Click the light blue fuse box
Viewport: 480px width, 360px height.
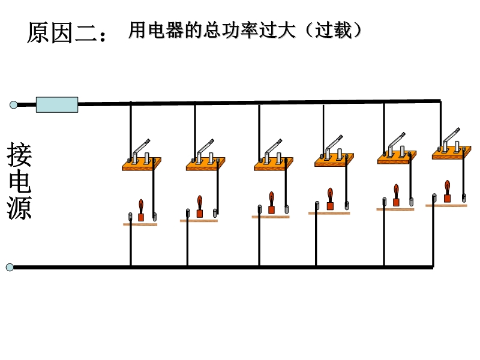57,104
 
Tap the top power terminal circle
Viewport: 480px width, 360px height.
13,105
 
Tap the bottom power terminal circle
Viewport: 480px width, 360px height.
10,267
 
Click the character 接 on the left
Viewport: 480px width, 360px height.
19,155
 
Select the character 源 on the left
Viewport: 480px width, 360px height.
19,208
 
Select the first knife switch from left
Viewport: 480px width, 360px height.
142,155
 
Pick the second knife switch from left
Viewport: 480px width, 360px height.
206,155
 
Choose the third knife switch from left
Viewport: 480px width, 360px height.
274,155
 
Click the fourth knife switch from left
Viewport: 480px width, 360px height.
334,151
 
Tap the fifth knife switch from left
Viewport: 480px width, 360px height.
397,148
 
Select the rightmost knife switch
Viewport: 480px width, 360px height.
452,143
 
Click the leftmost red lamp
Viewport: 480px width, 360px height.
141,211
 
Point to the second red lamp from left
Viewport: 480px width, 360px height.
200,206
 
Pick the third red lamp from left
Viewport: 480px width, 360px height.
272,203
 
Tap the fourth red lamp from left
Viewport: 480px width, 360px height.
330,199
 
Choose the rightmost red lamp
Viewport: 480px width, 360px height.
447,191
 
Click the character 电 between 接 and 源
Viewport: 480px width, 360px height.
19,181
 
